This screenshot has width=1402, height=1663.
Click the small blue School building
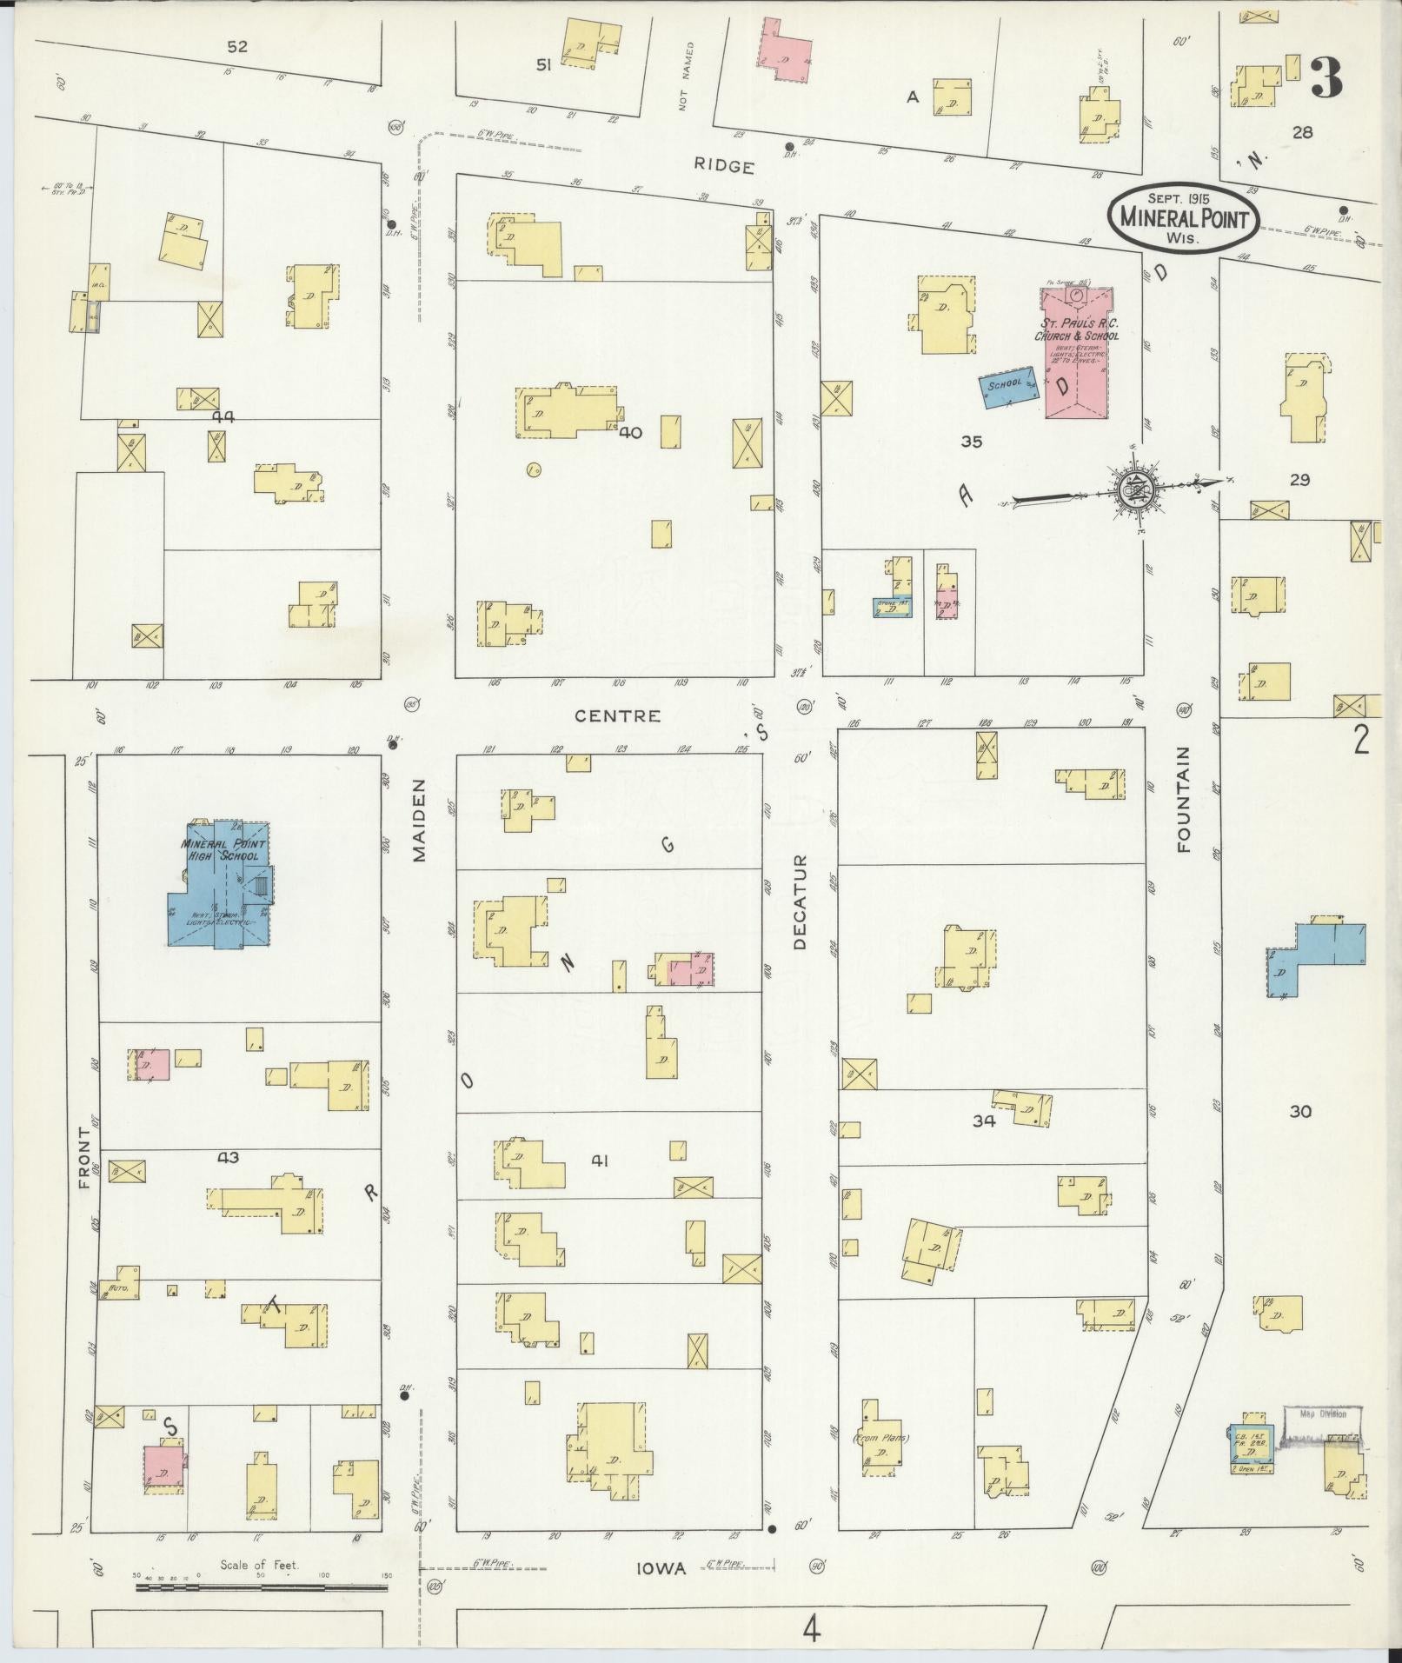(1010, 387)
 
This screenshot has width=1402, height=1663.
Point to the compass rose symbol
(1134, 492)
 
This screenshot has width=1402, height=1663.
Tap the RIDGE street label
(723, 167)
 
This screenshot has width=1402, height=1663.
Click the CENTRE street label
(617, 716)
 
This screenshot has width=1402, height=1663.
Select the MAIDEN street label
(421, 831)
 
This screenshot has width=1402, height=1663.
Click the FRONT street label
(84, 1157)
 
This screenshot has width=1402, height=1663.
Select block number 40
(630, 432)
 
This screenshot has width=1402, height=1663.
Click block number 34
(983, 1121)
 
